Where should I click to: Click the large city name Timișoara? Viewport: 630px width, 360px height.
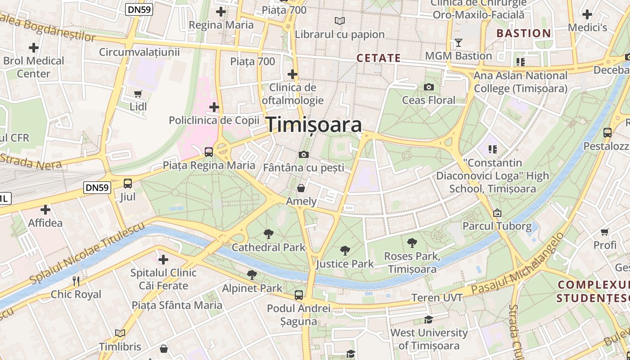click(315, 125)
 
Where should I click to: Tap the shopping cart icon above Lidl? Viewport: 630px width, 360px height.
click(138, 94)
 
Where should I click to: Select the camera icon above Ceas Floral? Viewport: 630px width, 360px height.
click(429, 87)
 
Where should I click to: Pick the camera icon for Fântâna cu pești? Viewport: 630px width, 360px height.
click(304, 155)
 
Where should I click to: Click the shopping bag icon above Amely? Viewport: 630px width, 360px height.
click(301, 188)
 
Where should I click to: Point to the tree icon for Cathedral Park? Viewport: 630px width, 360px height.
click(269, 234)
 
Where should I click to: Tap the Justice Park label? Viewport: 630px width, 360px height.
click(345, 264)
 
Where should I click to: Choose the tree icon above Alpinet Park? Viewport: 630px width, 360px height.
click(252, 274)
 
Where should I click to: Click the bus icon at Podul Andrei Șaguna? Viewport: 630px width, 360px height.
click(298, 295)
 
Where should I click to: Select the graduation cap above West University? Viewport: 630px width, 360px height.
click(429, 319)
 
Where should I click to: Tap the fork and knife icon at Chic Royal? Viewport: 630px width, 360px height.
click(76, 281)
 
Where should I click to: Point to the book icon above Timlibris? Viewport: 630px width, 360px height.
click(120, 333)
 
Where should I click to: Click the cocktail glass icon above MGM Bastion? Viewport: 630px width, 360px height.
click(459, 43)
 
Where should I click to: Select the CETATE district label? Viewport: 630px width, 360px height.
click(378, 58)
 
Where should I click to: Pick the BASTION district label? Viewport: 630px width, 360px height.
click(523, 33)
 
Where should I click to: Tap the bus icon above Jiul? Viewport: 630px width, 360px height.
click(128, 184)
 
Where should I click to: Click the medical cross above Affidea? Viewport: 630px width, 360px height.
click(45, 210)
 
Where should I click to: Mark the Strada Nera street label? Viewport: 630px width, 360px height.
click(31, 161)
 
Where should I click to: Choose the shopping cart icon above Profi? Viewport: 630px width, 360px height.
click(605, 232)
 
